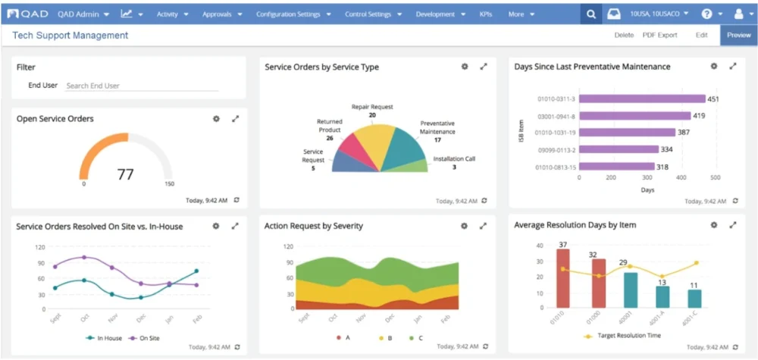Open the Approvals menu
222,14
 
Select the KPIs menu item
486,14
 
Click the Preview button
738,35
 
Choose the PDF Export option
659,35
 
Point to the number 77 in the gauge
125,174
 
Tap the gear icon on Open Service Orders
216,119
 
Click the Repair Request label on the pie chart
372,107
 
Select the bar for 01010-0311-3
641,99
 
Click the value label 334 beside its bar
667,149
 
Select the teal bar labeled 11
694,299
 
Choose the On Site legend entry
144,338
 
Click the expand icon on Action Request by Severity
484,226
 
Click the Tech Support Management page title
70,36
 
